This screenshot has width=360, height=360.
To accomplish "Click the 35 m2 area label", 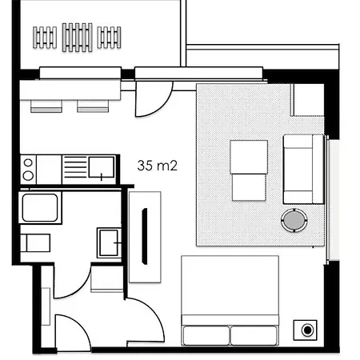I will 158,166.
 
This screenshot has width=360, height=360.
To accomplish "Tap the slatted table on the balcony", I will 78,37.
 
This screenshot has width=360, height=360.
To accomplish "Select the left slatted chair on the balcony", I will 45,37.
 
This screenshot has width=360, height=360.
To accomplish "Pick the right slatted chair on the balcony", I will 110,37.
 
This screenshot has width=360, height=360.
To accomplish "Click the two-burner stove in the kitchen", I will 28,169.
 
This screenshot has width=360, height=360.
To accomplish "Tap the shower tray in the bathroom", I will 39,207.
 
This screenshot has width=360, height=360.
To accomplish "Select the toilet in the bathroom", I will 36,242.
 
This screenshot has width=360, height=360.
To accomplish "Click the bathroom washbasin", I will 108,242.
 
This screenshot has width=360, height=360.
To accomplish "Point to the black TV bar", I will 146,235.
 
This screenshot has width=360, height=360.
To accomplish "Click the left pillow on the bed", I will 206,335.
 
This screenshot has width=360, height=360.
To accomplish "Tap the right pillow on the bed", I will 254,335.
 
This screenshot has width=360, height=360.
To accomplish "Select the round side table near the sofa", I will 294,219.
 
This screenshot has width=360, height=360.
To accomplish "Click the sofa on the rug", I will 303,169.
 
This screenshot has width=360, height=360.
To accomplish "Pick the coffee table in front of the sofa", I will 249,170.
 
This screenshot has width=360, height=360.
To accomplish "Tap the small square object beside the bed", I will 307,330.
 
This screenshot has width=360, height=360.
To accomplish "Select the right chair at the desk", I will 88,104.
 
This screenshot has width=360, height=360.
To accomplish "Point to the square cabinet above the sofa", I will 307,98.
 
